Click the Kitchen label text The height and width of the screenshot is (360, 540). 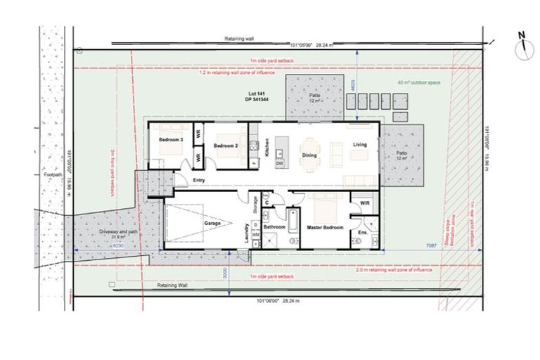click(x=268, y=147)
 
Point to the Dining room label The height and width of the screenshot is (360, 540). click(x=309, y=155)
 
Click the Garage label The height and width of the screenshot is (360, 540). click(x=213, y=223)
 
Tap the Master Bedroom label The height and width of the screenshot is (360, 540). click(x=325, y=227)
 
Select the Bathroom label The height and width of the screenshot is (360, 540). click(x=274, y=227)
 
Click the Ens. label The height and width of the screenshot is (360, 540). click(x=362, y=231)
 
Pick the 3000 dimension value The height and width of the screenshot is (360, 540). click(x=224, y=274)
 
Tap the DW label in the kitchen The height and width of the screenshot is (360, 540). click(x=280, y=163)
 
